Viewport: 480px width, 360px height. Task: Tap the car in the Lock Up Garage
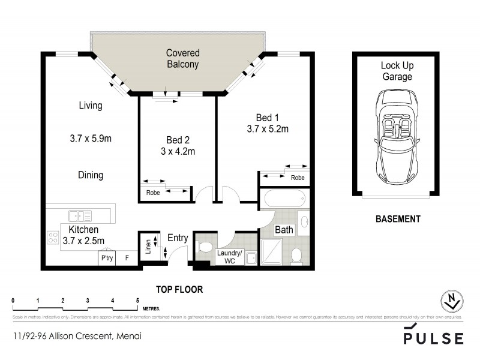(396, 139)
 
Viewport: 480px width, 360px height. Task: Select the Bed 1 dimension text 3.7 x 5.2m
(267, 128)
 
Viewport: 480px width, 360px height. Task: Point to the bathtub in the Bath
(284, 199)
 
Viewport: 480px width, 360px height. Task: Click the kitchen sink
(79, 215)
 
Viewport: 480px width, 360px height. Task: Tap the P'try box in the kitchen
(107, 258)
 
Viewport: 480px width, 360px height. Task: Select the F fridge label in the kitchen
(126, 258)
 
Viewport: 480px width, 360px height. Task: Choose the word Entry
(178, 238)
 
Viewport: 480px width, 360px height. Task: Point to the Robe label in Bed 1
(298, 178)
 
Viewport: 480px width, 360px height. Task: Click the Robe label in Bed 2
(153, 193)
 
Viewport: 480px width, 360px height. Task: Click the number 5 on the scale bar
(138, 300)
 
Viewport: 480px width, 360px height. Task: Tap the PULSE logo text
(434, 338)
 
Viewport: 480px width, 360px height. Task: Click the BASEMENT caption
(397, 220)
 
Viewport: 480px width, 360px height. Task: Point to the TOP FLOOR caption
(179, 289)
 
